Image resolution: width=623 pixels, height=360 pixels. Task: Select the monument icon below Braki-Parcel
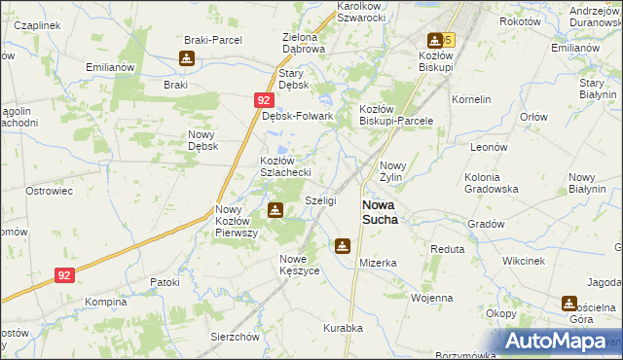click(x=187, y=58)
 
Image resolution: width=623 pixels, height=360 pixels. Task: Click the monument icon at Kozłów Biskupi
click(x=434, y=40)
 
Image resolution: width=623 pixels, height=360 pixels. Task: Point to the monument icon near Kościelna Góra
click(x=568, y=304)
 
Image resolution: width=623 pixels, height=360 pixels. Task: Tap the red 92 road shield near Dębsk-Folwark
click(x=264, y=99)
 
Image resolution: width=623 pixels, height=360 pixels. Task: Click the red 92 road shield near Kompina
click(x=64, y=275)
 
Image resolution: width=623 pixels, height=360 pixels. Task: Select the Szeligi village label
click(x=320, y=199)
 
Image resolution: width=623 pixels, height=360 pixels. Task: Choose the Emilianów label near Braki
click(x=108, y=67)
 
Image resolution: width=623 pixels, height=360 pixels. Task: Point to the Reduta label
click(x=448, y=249)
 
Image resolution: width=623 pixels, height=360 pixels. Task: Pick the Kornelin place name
click(x=471, y=99)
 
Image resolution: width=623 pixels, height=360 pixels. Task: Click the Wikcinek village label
click(x=523, y=262)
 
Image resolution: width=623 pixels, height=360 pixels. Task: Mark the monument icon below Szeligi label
click(x=342, y=245)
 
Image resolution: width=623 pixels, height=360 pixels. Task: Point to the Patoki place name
click(x=165, y=282)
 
